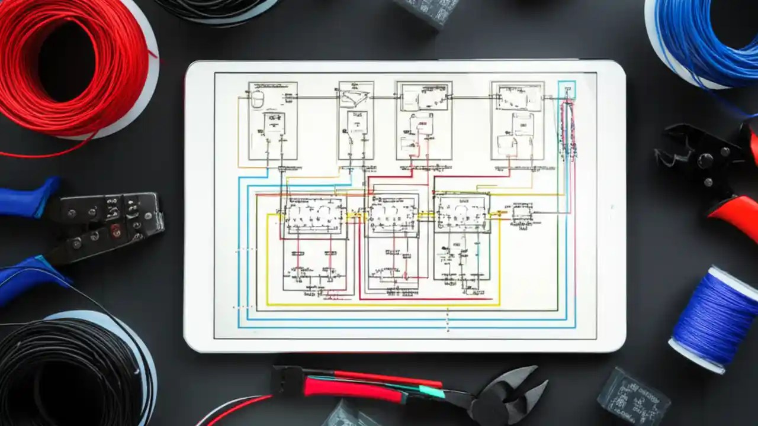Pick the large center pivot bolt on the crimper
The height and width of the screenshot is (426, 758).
(705, 160)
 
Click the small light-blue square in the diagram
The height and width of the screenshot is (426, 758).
(567, 90)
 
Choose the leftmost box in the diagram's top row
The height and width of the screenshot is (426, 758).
(272, 121)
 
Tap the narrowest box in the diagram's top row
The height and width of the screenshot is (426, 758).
(356, 121)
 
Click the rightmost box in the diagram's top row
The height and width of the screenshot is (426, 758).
(517, 121)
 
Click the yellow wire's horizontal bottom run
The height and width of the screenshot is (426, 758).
(379, 305)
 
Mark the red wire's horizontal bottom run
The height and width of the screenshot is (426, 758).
(426, 299)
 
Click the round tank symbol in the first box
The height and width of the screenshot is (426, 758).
(258, 99)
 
